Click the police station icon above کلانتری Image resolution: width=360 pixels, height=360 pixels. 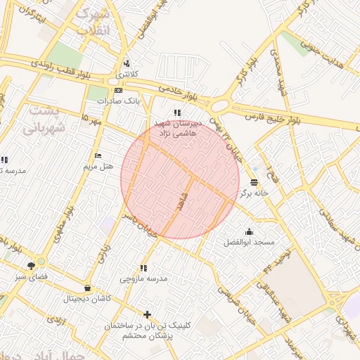pos(127,63)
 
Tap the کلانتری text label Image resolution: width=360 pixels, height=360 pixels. pos(127,74)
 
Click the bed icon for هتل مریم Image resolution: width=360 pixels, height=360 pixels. pos(98,155)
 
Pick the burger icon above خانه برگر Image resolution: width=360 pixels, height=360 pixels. pos(253,181)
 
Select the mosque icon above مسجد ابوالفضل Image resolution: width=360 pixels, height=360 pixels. pos(248,231)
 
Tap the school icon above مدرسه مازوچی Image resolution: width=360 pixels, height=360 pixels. pos(143,268)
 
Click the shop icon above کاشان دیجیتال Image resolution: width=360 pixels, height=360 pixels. pos(87,288)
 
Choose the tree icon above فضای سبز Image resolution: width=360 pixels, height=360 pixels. pos(31,266)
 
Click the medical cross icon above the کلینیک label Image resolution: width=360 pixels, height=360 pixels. pos(146,314)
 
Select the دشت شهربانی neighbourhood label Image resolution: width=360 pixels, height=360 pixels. pos(44,120)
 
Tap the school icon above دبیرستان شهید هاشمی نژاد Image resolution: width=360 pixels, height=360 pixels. pos(177,112)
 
